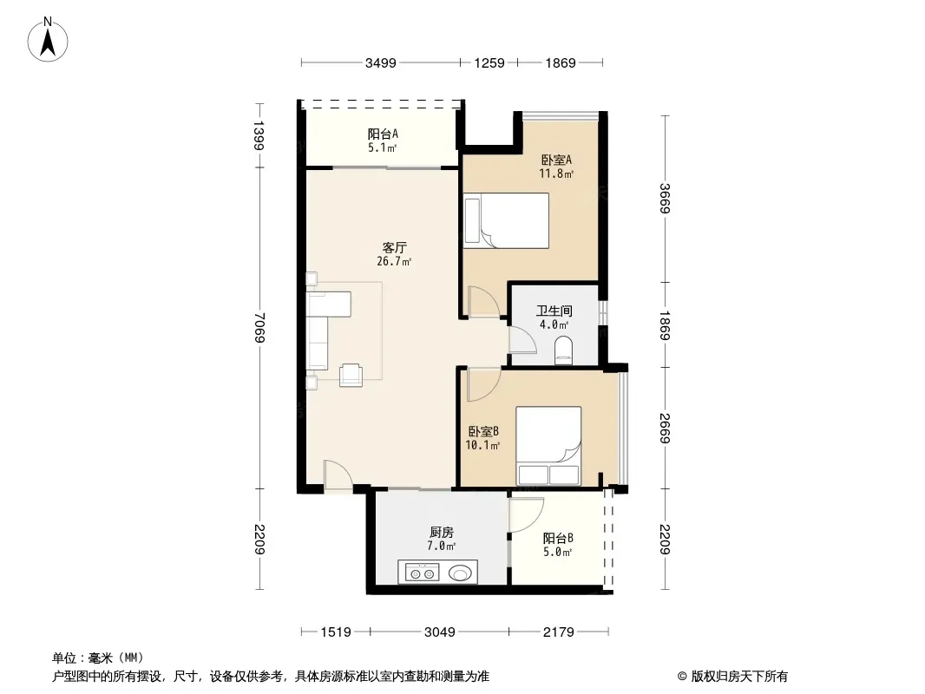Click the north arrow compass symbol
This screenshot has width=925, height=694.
tap(48, 40)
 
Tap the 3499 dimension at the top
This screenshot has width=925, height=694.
tap(381, 63)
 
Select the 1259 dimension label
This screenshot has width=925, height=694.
tap(489, 63)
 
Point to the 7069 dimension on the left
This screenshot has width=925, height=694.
tap(259, 328)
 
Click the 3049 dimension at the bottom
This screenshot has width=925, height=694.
tap(439, 632)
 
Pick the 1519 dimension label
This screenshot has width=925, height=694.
tap(336, 632)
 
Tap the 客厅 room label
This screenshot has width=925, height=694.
tap(394, 247)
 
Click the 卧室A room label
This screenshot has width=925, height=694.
tap(556, 160)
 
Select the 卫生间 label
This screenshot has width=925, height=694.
tap(554, 311)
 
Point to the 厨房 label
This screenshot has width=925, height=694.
tap(442, 533)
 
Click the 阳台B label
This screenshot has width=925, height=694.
tap(558, 539)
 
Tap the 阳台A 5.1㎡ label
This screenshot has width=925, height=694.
tap(383, 141)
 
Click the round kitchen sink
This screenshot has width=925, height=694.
tap(460, 573)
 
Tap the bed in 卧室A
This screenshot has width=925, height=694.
tap(506, 220)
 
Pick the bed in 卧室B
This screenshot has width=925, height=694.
tap(548, 446)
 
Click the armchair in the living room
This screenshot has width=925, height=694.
tap(351, 375)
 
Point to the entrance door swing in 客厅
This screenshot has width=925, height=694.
tap(338, 475)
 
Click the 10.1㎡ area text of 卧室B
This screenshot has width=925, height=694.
tap(482, 446)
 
